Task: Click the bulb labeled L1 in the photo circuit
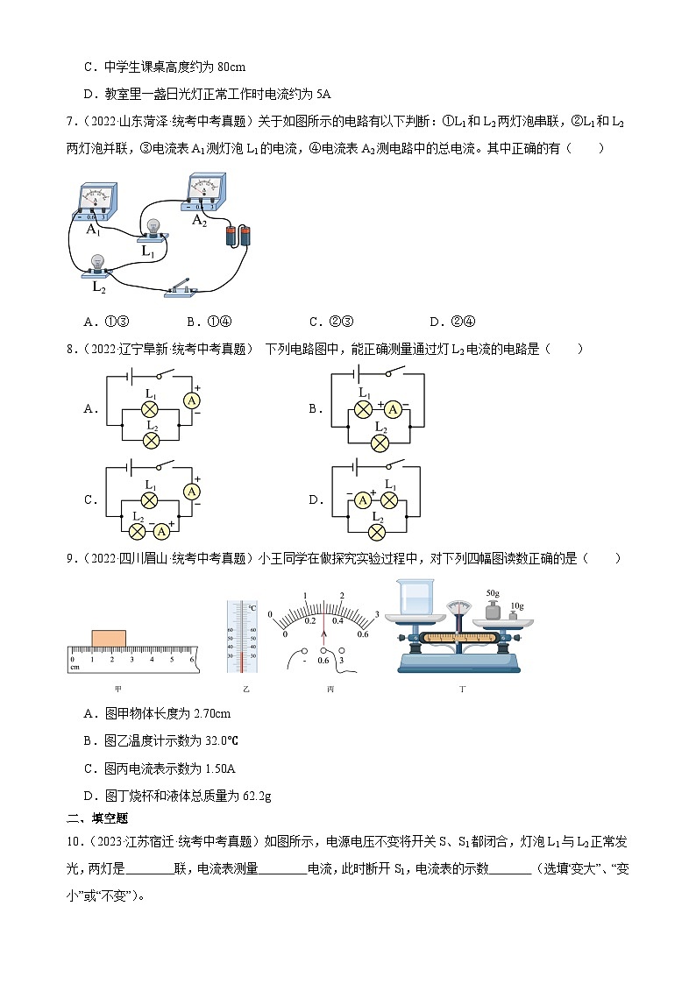pyautogui.click(x=155, y=229)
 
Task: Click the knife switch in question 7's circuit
pyautogui.click(x=184, y=287)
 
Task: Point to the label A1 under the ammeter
pyautogui.click(x=93, y=229)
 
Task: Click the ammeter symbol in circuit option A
pyautogui.click(x=190, y=399)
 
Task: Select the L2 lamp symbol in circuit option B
pyautogui.click(x=380, y=442)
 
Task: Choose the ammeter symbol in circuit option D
pyautogui.click(x=361, y=500)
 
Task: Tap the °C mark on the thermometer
pyautogui.click(x=252, y=606)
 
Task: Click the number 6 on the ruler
pyautogui.click(x=191, y=658)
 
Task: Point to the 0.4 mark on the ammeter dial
pyautogui.click(x=337, y=619)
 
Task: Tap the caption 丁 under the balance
pyautogui.click(x=462, y=689)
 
